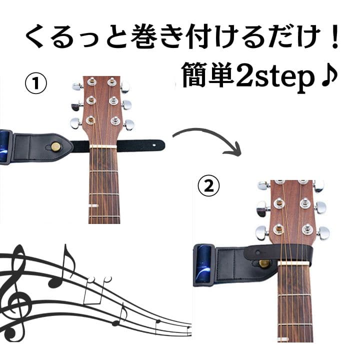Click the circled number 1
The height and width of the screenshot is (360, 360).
tap(36, 83)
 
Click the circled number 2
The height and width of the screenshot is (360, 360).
tap(208, 186)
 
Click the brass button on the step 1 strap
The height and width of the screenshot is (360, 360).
tap(55, 146)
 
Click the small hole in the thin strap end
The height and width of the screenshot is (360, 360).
tap(154, 145)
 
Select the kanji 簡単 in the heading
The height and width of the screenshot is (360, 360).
tap(208, 75)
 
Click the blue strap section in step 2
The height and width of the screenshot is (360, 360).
tap(203, 264)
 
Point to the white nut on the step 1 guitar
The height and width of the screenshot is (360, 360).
tap(103, 146)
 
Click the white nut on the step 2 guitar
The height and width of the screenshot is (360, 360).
tap(294, 262)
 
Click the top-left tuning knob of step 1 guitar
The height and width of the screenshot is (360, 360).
tap(77, 87)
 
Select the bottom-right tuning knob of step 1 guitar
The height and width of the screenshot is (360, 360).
tap(129, 124)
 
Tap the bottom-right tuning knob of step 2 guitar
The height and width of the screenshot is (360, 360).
tap(323, 233)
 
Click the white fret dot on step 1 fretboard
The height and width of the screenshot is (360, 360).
tap(93, 205)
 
